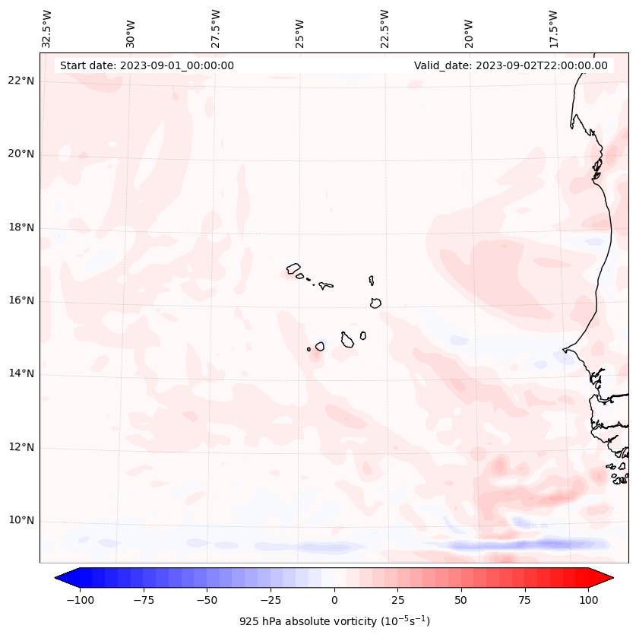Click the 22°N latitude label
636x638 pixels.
pos(21,81)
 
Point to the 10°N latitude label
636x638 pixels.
pos(21,521)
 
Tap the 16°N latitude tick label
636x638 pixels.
pos(21,301)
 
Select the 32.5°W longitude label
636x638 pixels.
pos(47,28)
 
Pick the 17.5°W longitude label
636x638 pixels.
pos(553,28)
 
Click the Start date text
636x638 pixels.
pos(147,65)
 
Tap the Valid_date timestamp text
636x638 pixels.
pos(511,65)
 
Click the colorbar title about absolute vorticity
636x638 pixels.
pos(334,621)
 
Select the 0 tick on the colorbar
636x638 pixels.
pos(334,600)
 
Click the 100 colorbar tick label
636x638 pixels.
pos(588,600)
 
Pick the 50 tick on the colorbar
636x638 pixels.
pos(461,600)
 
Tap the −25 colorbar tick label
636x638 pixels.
pos(271,600)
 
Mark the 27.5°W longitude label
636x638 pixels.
pos(216,28)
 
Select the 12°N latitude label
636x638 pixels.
pos(21,448)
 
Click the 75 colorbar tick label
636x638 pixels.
pos(524,600)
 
